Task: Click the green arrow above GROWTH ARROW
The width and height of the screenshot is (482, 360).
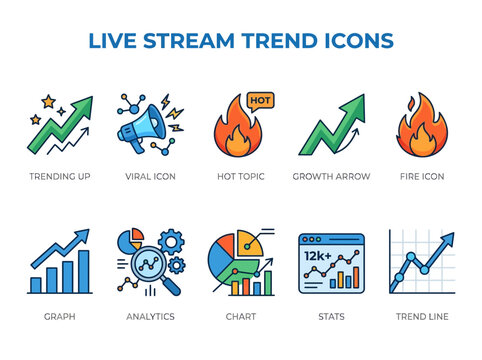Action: [330, 125]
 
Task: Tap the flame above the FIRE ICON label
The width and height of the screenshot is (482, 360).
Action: [421, 127]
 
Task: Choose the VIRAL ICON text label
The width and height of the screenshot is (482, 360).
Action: [150, 176]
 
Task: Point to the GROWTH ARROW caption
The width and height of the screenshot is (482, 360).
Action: [331, 176]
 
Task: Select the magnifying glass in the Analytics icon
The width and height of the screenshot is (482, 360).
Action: [144, 268]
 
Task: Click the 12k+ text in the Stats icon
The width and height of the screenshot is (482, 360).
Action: [319, 257]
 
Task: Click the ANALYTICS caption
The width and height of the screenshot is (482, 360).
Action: [150, 316]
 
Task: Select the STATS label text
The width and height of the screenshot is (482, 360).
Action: [330, 316]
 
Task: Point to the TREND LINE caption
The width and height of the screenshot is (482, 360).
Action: [422, 316]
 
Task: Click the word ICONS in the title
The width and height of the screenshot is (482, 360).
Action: [355, 40]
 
